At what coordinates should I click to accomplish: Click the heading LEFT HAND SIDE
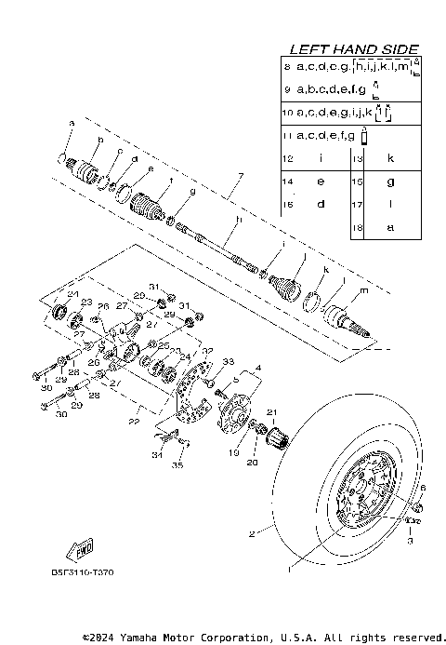tap(353, 48)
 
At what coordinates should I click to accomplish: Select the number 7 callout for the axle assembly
tap(240, 176)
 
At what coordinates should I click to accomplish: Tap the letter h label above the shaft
tap(238, 220)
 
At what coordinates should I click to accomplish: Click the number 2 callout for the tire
tap(251, 535)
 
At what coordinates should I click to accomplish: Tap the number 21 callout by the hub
tap(272, 412)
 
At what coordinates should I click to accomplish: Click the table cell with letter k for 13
tap(390, 159)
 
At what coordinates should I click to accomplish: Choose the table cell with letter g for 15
tap(390, 181)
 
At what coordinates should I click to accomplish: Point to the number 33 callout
tap(228, 361)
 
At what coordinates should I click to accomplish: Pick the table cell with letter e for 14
tap(320, 181)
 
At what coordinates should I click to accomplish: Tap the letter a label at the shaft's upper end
tap(70, 123)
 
